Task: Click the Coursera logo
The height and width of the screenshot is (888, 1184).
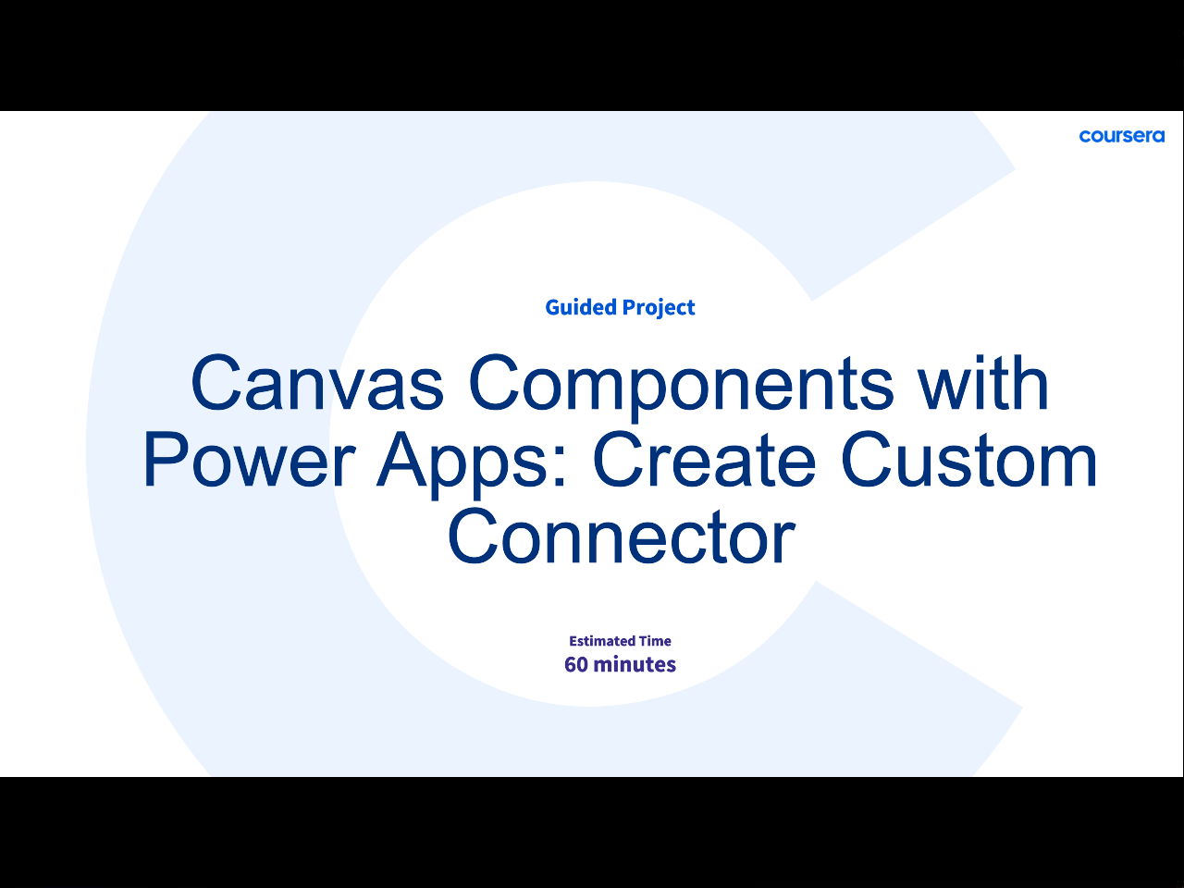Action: tap(1121, 136)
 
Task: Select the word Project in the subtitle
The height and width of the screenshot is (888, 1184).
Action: tap(659, 308)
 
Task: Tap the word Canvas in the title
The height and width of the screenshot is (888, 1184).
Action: tap(317, 382)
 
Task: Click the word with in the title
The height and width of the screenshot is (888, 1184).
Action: tap(984, 382)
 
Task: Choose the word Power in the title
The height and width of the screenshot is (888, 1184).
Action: tap(249, 460)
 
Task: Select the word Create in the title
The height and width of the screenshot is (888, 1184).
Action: tap(704, 460)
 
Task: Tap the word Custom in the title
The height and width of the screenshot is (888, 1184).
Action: tap(968, 460)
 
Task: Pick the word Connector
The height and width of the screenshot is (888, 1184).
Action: tap(622, 537)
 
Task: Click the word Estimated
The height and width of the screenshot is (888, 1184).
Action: tap(601, 641)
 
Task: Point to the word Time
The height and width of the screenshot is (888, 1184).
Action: tap(656, 641)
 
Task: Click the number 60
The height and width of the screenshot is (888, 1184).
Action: tap(576, 665)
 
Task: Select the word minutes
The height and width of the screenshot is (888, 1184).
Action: tap(635, 665)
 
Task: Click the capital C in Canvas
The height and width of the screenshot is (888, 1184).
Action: tap(216, 382)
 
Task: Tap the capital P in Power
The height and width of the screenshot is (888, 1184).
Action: tap(164, 460)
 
